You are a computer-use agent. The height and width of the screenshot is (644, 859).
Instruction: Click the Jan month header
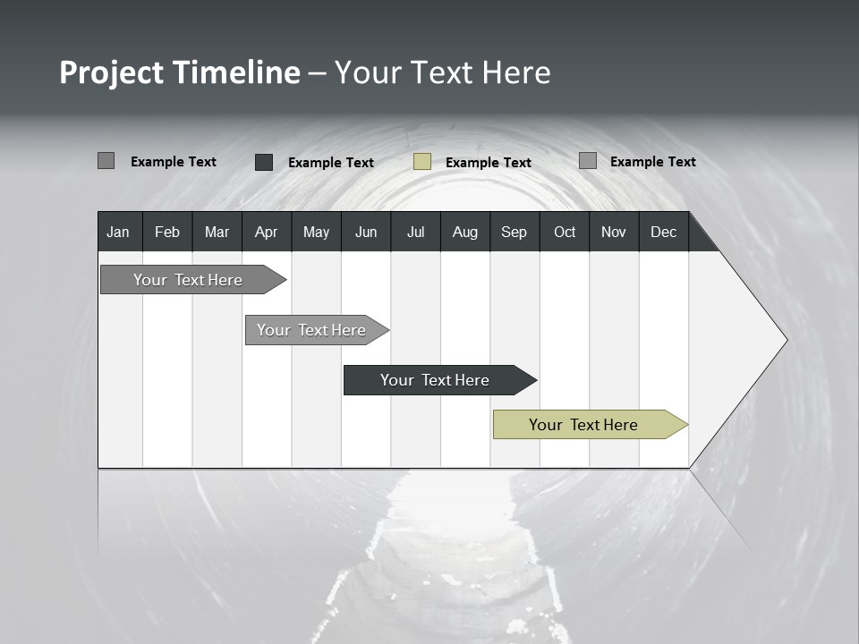(x=118, y=232)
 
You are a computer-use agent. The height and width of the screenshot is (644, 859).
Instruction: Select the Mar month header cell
(x=217, y=232)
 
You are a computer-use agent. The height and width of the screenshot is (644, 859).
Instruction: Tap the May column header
(x=316, y=232)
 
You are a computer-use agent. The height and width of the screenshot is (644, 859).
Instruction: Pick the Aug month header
(x=464, y=232)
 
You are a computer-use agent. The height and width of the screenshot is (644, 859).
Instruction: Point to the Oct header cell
(x=565, y=232)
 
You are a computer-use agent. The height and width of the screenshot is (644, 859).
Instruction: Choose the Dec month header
(x=663, y=232)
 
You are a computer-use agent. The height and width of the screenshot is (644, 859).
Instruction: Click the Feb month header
(x=167, y=232)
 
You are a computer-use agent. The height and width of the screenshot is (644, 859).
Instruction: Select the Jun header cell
(x=366, y=232)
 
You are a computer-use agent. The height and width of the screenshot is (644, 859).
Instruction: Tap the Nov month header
(x=614, y=232)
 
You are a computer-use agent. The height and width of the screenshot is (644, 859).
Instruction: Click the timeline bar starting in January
(x=188, y=280)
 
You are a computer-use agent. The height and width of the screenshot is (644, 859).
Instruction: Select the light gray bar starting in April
(x=311, y=330)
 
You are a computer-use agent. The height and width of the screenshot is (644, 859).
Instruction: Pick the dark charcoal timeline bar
(x=435, y=380)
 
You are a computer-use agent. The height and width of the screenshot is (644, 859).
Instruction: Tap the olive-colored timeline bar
(x=583, y=425)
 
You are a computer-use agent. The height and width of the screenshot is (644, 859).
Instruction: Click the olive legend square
(x=422, y=162)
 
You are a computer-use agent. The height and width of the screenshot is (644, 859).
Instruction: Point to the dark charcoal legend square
(x=264, y=162)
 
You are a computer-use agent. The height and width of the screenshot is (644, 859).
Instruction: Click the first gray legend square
(x=106, y=161)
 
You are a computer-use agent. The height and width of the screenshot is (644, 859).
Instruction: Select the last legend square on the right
(x=588, y=161)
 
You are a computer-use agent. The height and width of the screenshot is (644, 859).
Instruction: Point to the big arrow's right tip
(x=786, y=340)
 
